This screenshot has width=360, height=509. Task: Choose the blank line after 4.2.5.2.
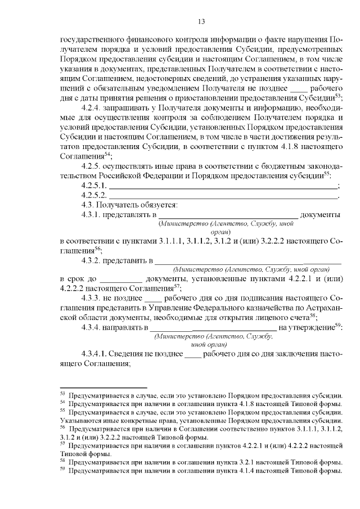(223, 197)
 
